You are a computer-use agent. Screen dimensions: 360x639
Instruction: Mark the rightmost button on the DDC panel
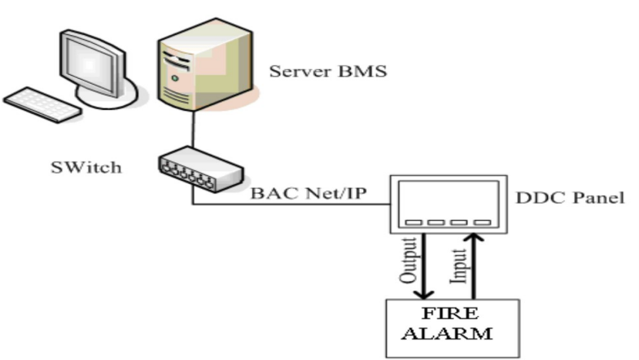click(x=482, y=222)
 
